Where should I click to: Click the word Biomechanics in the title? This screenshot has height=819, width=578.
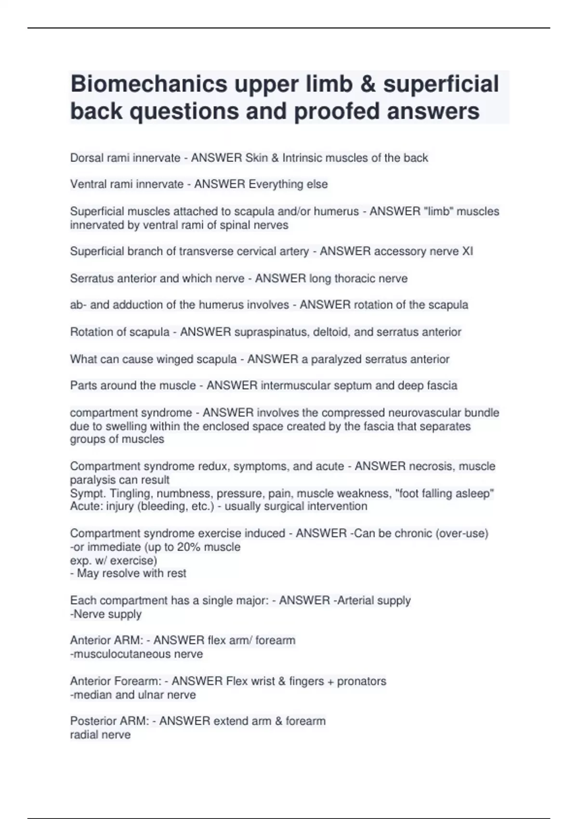tap(149, 84)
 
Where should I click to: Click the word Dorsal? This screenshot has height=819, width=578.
tap(85, 158)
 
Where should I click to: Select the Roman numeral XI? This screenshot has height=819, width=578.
tap(467, 251)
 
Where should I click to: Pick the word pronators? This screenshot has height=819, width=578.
tap(362, 681)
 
